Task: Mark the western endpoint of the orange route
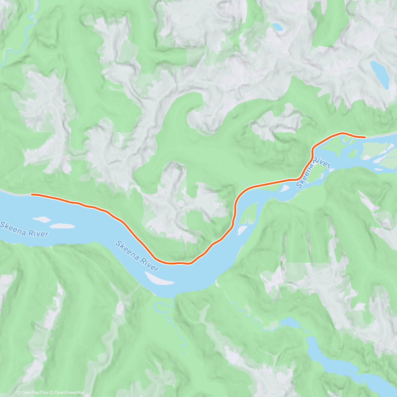(x=32, y=195)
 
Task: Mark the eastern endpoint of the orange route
(x=365, y=137)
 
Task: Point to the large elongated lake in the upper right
(x=379, y=74)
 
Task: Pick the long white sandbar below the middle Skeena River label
(x=159, y=279)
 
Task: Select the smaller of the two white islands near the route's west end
(x=42, y=219)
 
